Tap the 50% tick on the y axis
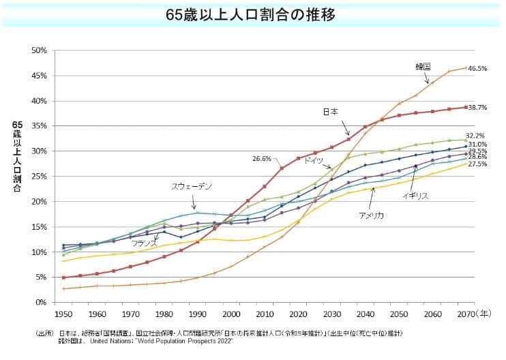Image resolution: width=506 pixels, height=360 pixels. coord(38,50)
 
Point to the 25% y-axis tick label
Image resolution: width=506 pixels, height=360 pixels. coord(38,177)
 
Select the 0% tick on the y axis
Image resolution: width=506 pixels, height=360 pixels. coord(40,302)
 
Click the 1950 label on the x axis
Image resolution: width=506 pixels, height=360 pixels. coord(63,315)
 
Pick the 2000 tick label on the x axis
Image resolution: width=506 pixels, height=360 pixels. coord(233,315)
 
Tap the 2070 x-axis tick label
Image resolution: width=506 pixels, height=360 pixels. coord(466,315)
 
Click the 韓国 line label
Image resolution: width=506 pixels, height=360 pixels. coord(423,67)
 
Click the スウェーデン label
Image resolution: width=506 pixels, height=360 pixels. coord(192,186)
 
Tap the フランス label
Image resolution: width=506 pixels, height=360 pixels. coord(145,243)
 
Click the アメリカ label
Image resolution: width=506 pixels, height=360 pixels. coord(372,215)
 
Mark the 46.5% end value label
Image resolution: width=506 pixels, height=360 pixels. coord(477,68)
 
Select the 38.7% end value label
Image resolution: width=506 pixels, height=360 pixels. coord(477,108)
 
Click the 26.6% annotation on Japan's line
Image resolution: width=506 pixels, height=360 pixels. coord(262,159)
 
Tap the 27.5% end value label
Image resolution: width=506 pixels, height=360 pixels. coord(477,164)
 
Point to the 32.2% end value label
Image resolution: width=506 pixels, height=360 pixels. coord(475,136)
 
